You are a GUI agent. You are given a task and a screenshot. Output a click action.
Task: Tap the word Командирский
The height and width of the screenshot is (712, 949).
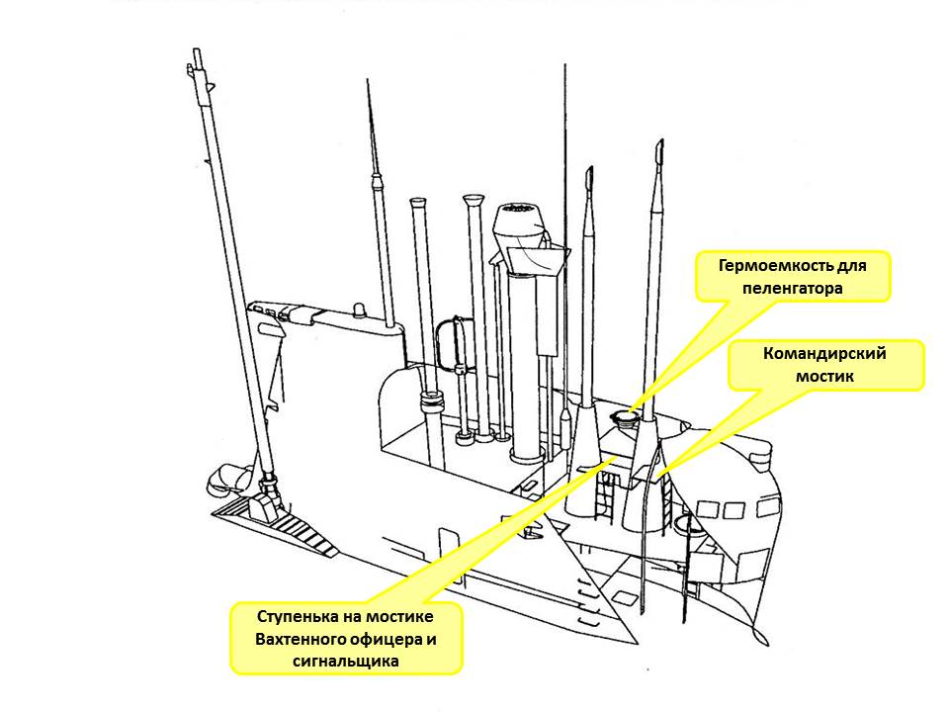point(824,354)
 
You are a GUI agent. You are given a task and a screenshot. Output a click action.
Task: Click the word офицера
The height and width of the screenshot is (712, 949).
point(388,639)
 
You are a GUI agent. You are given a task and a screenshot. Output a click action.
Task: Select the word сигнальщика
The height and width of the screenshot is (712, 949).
point(346,662)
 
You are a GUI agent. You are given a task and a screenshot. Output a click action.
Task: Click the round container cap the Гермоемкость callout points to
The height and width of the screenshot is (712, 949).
point(625,418)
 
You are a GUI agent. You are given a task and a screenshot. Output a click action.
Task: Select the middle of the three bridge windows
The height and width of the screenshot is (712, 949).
point(733,509)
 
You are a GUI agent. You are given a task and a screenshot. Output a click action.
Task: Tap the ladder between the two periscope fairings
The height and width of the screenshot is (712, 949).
point(607,488)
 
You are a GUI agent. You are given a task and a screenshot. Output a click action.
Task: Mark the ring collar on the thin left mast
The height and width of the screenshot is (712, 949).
point(430,402)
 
